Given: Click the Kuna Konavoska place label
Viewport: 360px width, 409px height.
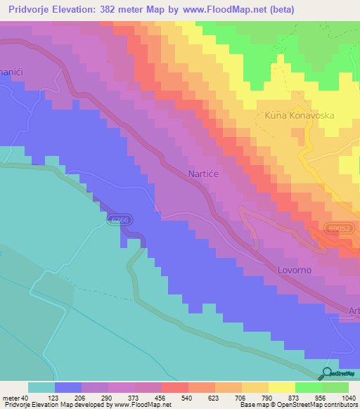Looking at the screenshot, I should coord(299,115).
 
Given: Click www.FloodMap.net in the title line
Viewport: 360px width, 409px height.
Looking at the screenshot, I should coord(229,10).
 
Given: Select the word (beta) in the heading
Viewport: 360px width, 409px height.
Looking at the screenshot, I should coord(280,10).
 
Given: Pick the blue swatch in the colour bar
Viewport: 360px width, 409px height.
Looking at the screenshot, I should coord(68,387).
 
